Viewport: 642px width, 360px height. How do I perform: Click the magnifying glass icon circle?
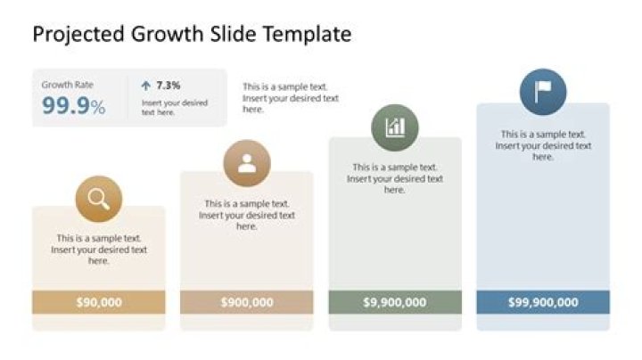[99, 200]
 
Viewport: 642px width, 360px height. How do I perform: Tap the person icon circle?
[247, 163]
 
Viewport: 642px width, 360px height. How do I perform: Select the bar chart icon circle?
[395, 127]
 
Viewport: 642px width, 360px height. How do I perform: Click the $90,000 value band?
[99, 302]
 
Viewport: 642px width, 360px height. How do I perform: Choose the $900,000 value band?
[247, 302]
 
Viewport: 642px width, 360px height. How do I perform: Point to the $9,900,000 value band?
[395, 302]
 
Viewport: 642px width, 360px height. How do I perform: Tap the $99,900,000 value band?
[543, 302]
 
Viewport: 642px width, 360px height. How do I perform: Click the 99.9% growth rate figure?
[73, 107]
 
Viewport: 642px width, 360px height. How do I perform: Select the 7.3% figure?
[169, 86]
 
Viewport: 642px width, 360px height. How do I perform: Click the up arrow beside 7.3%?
[146, 86]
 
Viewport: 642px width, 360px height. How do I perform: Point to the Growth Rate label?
[67, 86]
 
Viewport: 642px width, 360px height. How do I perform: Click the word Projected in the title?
[78, 35]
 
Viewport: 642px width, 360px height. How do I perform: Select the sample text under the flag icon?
[543, 145]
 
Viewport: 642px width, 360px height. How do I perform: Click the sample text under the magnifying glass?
[99, 250]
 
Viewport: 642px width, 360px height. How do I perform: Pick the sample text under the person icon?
[247, 215]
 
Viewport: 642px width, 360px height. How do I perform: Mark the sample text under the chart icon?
[395, 178]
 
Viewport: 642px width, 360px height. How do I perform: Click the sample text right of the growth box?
[291, 98]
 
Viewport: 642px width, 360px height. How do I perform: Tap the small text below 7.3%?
[175, 108]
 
